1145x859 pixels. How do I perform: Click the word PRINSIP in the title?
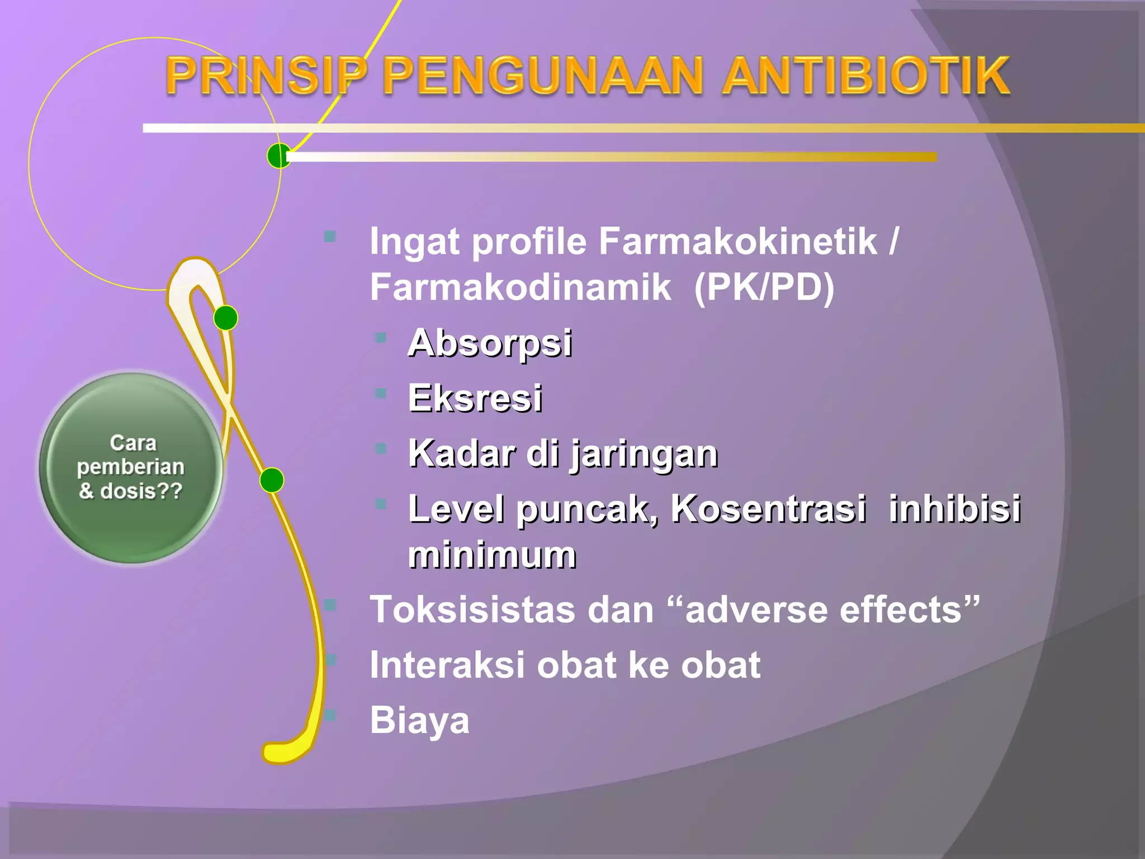[266, 76]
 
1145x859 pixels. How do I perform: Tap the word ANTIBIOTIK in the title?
[865, 76]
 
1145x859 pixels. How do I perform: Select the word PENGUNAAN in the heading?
[542, 76]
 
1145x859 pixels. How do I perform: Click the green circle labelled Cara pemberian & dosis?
[131, 468]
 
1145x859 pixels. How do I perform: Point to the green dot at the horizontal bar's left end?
[278, 155]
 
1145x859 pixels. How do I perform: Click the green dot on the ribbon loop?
[226, 318]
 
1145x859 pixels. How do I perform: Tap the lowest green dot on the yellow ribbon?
[272, 480]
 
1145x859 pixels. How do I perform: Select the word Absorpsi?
[490, 342]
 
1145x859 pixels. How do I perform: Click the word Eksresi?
[475, 398]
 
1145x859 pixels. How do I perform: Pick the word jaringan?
[644, 454]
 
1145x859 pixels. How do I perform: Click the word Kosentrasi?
[768, 509]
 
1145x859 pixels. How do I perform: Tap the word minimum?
[492, 555]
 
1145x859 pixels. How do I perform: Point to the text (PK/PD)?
[764, 287]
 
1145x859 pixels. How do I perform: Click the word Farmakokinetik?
[738, 242]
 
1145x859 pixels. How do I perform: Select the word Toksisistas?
[472, 610]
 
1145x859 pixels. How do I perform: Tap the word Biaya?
[419, 720]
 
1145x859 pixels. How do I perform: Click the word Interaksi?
[447, 665]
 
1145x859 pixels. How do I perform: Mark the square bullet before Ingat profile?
[330, 237]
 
